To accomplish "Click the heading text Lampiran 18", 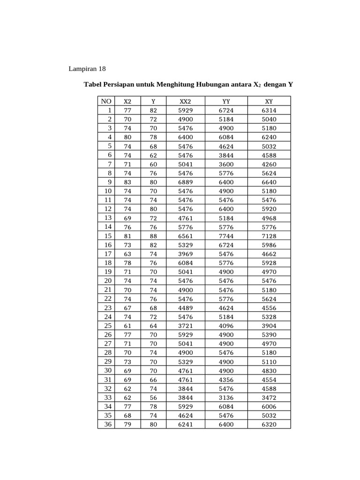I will [88, 69].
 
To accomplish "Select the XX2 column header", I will [186, 101].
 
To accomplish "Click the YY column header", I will [226, 101].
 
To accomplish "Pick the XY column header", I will [269, 101].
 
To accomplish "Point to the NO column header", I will [106, 101].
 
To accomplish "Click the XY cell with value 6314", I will [269, 110].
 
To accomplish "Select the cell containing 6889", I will [186, 182].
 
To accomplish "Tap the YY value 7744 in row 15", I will [226, 236].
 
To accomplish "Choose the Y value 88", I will [153, 236].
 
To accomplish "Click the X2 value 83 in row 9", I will [127, 182].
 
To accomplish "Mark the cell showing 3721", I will [186, 326].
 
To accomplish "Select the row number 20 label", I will [108, 281].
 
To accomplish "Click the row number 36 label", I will [108, 425].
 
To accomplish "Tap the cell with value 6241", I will [186, 425].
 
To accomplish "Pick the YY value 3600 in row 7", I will [226, 164].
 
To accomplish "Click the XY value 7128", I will [269, 236].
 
